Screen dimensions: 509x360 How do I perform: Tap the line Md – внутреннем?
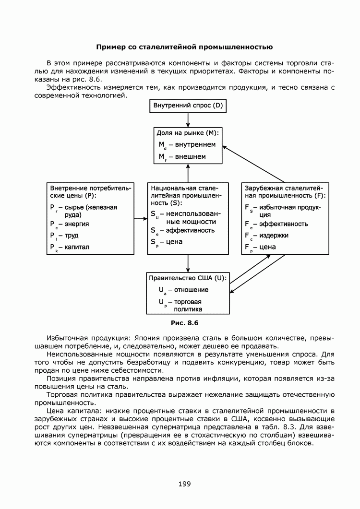pyautogui.click(x=187, y=144)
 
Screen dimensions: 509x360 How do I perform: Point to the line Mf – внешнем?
pyautogui.click(x=182, y=156)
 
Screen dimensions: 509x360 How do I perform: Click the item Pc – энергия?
pyautogui.click(x=70, y=224)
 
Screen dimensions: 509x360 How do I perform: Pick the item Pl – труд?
pyautogui.click(x=64, y=236)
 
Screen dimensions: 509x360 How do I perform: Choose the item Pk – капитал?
pyautogui.click(x=70, y=248)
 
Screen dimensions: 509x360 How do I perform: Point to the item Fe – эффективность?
pyautogui.click(x=276, y=224)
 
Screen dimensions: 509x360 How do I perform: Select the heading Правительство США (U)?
pyautogui.click(x=188, y=278)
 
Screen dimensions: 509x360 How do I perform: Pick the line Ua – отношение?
pyautogui.click(x=183, y=290)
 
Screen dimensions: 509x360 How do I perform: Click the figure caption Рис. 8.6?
pyautogui.click(x=184, y=322)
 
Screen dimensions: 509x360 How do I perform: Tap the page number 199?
pyautogui.click(x=184, y=484)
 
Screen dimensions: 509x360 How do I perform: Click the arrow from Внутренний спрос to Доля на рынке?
pyautogui.click(x=188, y=119)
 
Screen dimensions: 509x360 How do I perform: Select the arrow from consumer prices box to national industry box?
pyautogui.click(x=141, y=218)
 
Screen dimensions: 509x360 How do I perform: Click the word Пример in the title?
pyautogui.click(x=111, y=47)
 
